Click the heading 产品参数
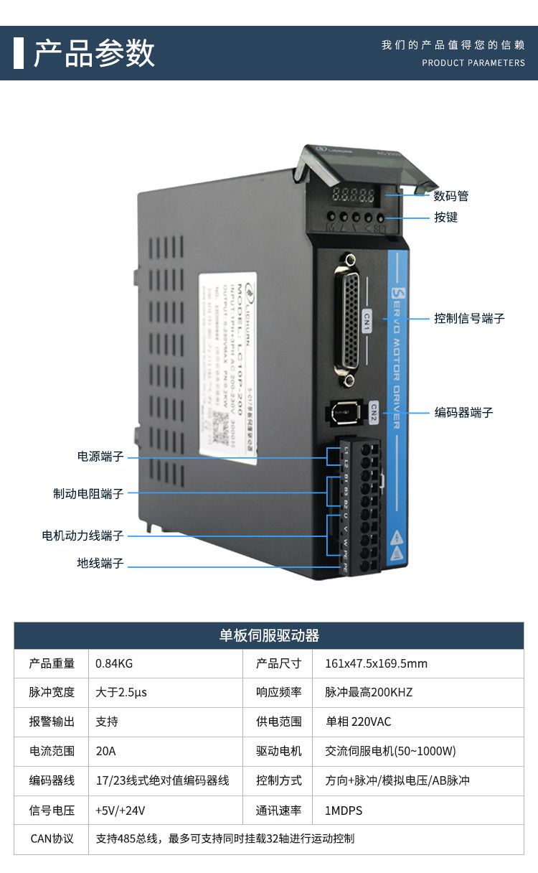(x=94, y=54)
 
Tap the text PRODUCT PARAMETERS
(x=473, y=63)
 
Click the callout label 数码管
(x=451, y=196)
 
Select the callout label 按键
(x=445, y=217)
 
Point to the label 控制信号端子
(x=469, y=318)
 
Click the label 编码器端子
(x=463, y=413)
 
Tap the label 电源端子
(x=100, y=457)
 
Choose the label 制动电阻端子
(x=88, y=494)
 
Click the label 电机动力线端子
(x=82, y=536)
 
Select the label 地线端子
(x=100, y=564)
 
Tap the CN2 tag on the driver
(x=374, y=409)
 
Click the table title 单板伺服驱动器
(x=269, y=635)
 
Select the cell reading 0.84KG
(x=114, y=663)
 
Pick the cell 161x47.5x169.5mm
(x=376, y=663)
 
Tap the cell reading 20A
(x=105, y=751)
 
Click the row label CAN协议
(x=52, y=839)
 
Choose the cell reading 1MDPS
(x=344, y=811)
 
